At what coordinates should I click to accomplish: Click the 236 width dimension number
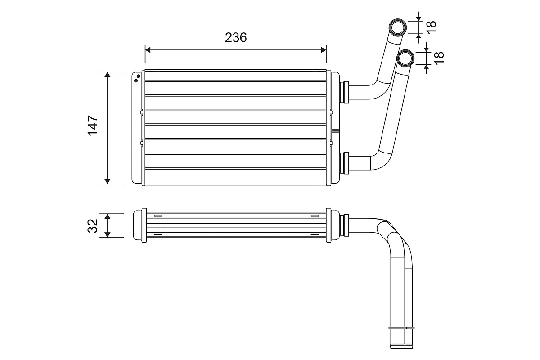pyautogui.click(x=236, y=38)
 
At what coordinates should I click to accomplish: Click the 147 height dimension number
pyautogui.click(x=93, y=126)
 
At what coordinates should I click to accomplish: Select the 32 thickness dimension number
pyautogui.click(x=93, y=226)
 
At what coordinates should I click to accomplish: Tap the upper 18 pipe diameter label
pyautogui.click(x=432, y=27)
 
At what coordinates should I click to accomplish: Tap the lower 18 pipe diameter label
pyautogui.click(x=439, y=58)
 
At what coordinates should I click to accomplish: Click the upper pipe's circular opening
pyautogui.click(x=397, y=27)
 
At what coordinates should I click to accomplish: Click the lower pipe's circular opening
pyautogui.click(x=405, y=58)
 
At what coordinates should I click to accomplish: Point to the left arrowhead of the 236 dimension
pyautogui.click(x=148, y=50)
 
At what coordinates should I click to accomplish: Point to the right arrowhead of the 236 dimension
pyautogui.click(x=324, y=50)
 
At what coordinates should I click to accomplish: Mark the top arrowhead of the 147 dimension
pyautogui.click(x=108, y=75)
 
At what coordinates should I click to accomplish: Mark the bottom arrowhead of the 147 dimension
pyautogui.click(x=108, y=181)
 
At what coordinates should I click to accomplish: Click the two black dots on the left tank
pyautogui.click(x=137, y=79)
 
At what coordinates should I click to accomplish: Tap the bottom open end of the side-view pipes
pyautogui.click(x=401, y=347)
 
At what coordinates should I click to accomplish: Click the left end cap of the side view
pyautogui.click(x=138, y=225)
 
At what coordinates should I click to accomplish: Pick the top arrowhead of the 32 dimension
pyautogui.click(x=108, y=216)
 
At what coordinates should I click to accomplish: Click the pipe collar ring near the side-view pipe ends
pyautogui.click(x=401, y=328)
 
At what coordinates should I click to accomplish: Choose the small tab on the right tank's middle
pyautogui.click(x=336, y=131)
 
